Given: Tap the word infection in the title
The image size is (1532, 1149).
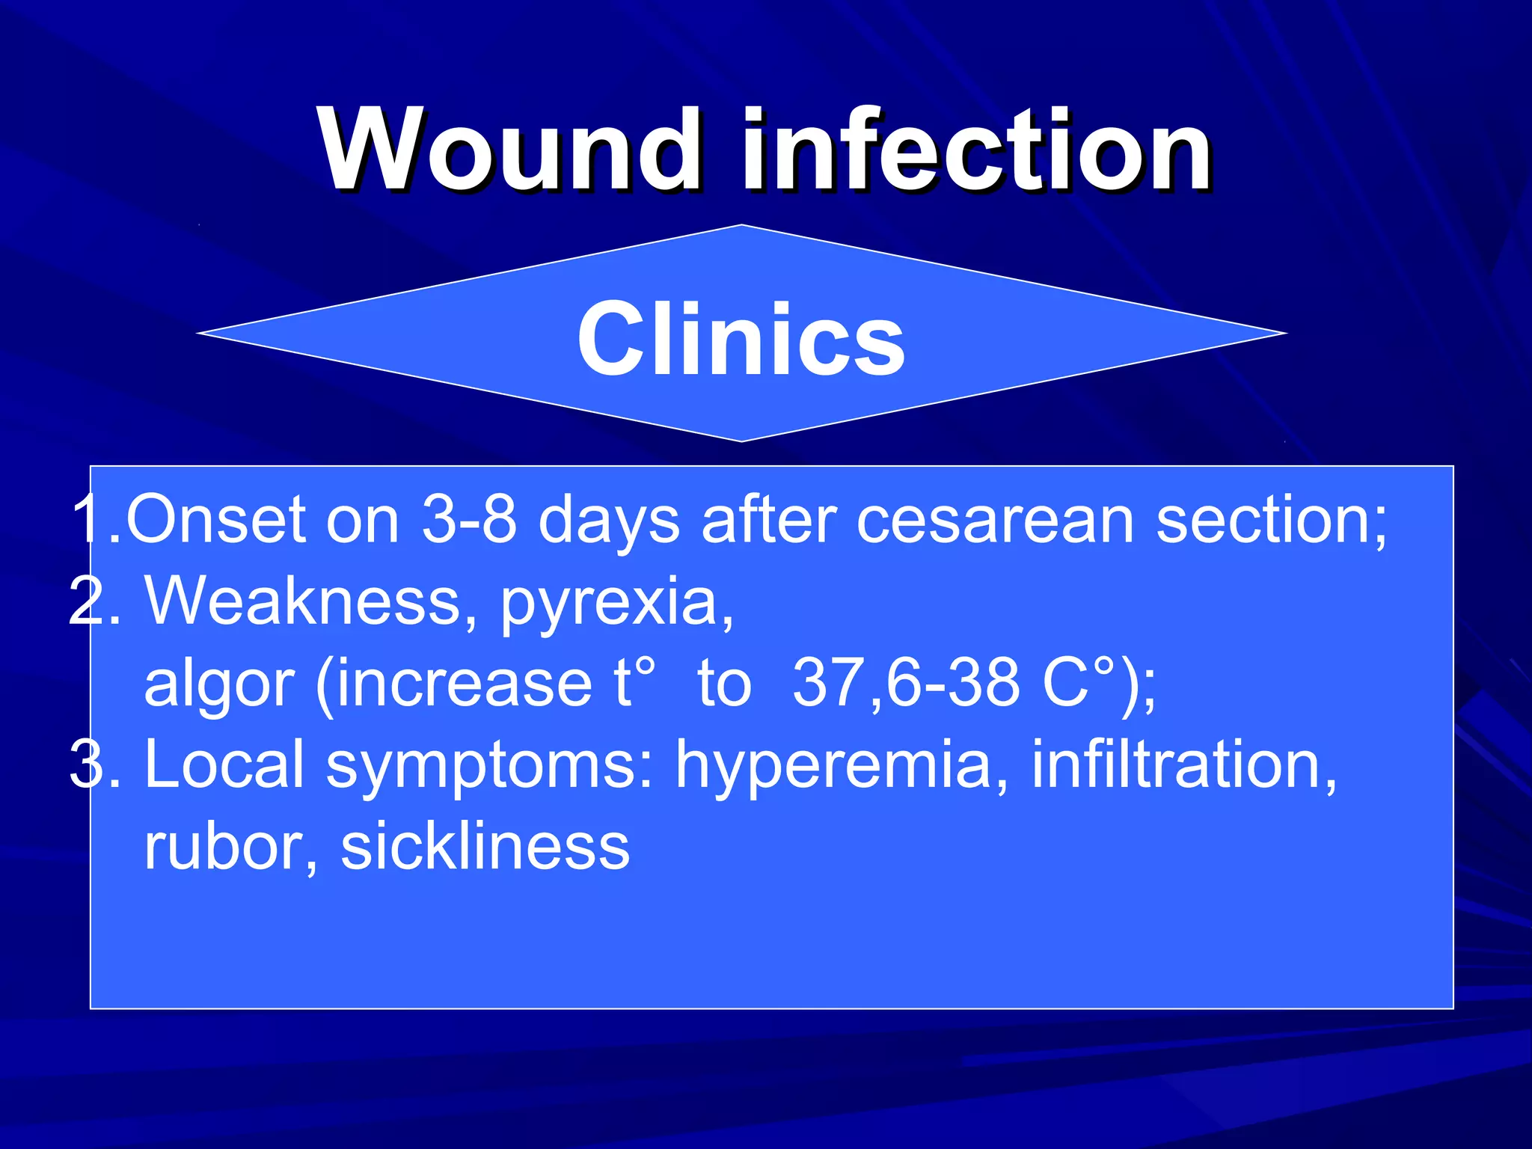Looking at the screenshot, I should [x=976, y=150].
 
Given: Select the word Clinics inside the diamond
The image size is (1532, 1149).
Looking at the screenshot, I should [x=741, y=338].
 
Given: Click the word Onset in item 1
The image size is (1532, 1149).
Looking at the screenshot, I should [x=215, y=520].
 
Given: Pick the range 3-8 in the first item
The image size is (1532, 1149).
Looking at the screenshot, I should [x=469, y=520].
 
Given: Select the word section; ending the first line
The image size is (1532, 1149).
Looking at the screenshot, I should [x=1272, y=520].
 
